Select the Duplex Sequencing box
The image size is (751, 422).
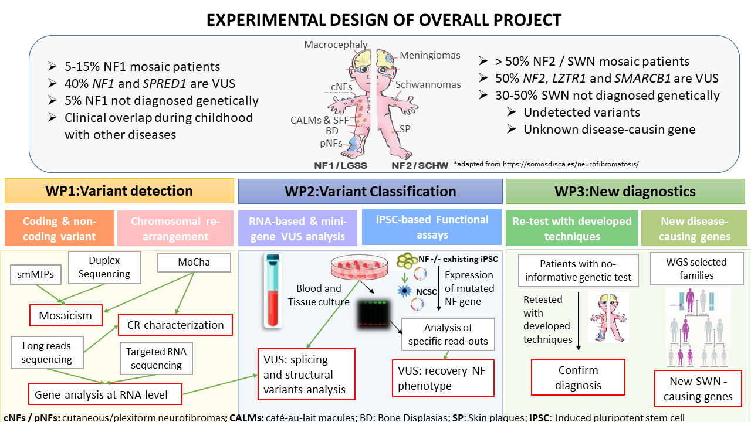coord(104,267)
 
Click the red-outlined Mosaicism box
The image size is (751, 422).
coord(66,315)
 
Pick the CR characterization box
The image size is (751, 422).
coord(175,325)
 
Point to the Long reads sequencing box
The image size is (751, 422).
coord(46,353)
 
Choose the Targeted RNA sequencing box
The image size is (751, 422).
coord(156,359)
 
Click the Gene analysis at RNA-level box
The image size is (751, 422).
coord(104,395)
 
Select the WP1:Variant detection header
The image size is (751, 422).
coord(119,191)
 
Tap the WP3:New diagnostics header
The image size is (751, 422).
coord(625,191)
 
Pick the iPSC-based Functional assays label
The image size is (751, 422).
coord(432,227)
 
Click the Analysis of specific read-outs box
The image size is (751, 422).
coord(448,335)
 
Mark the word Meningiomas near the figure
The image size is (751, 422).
coord(430,56)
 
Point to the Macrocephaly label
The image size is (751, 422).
coord(336,45)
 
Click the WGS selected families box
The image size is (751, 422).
coord(696,268)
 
